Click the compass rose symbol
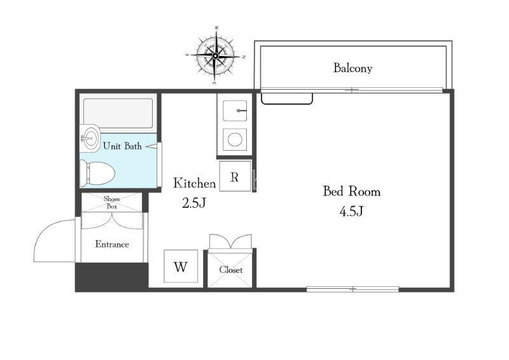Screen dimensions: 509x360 tap(215, 56)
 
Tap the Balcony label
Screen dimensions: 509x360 tap(352, 68)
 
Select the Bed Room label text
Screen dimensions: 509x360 tap(352, 191)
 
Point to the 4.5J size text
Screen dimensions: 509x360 tap(351, 211)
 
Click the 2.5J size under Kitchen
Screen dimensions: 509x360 tap(194, 203)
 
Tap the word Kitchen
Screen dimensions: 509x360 tap(194, 183)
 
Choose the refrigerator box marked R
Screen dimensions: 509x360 tap(235, 176)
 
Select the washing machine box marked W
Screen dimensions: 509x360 tap(181, 267)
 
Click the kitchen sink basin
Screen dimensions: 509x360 tap(235, 111)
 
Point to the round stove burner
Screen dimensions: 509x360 tap(235, 139)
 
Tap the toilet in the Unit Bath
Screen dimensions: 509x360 tap(97, 174)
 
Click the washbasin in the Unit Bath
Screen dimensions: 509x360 tap(90, 138)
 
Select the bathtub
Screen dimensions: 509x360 tap(118, 113)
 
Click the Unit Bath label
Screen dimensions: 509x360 tap(122, 146)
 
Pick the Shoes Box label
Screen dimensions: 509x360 tap(112, 202)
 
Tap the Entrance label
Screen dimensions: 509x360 tap(112, 244)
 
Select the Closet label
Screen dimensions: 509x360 tap(230, 270)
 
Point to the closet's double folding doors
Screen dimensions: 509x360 tap(230, 242)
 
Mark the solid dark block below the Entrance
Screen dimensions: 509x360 tap(112, 277)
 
